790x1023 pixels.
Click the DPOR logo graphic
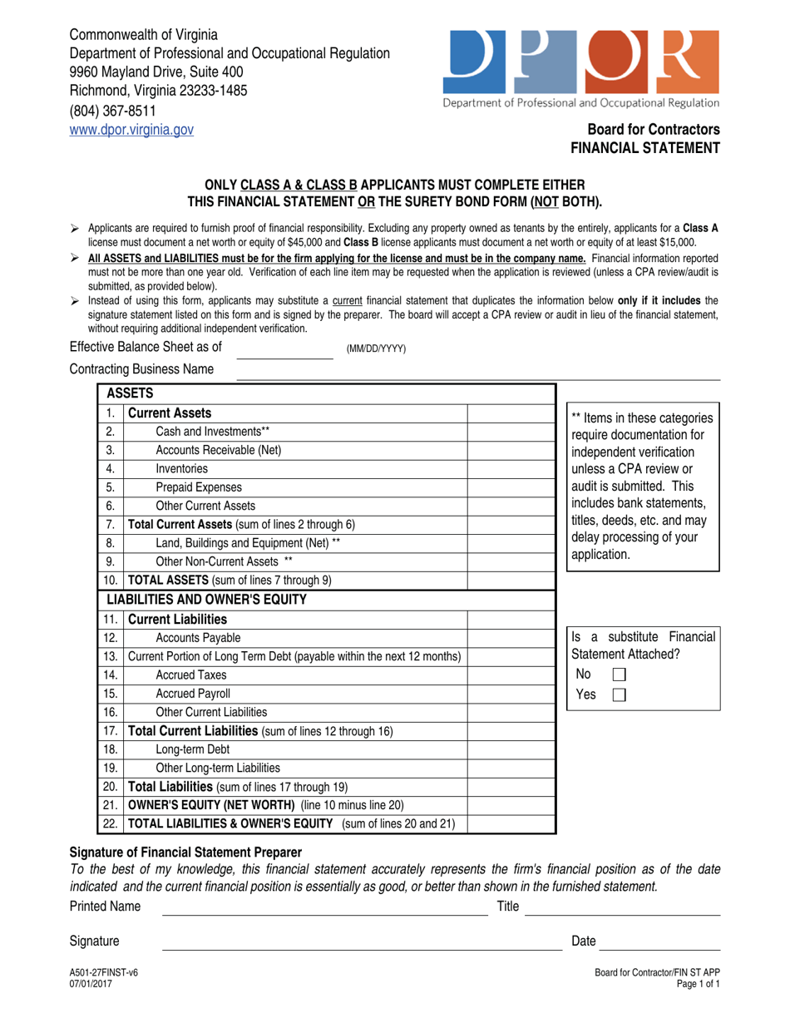coord(581,62)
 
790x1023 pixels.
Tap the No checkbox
coord(618,675)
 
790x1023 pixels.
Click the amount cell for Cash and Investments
coord(511,432)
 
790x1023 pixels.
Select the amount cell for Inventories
coord(511,468)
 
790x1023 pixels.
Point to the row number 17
coord(111,731)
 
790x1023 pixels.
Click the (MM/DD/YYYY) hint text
coord(376,349)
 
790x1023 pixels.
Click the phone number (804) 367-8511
coord(112,111)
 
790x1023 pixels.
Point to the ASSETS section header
coord(134,393)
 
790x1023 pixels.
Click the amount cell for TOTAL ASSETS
coord(511,580)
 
